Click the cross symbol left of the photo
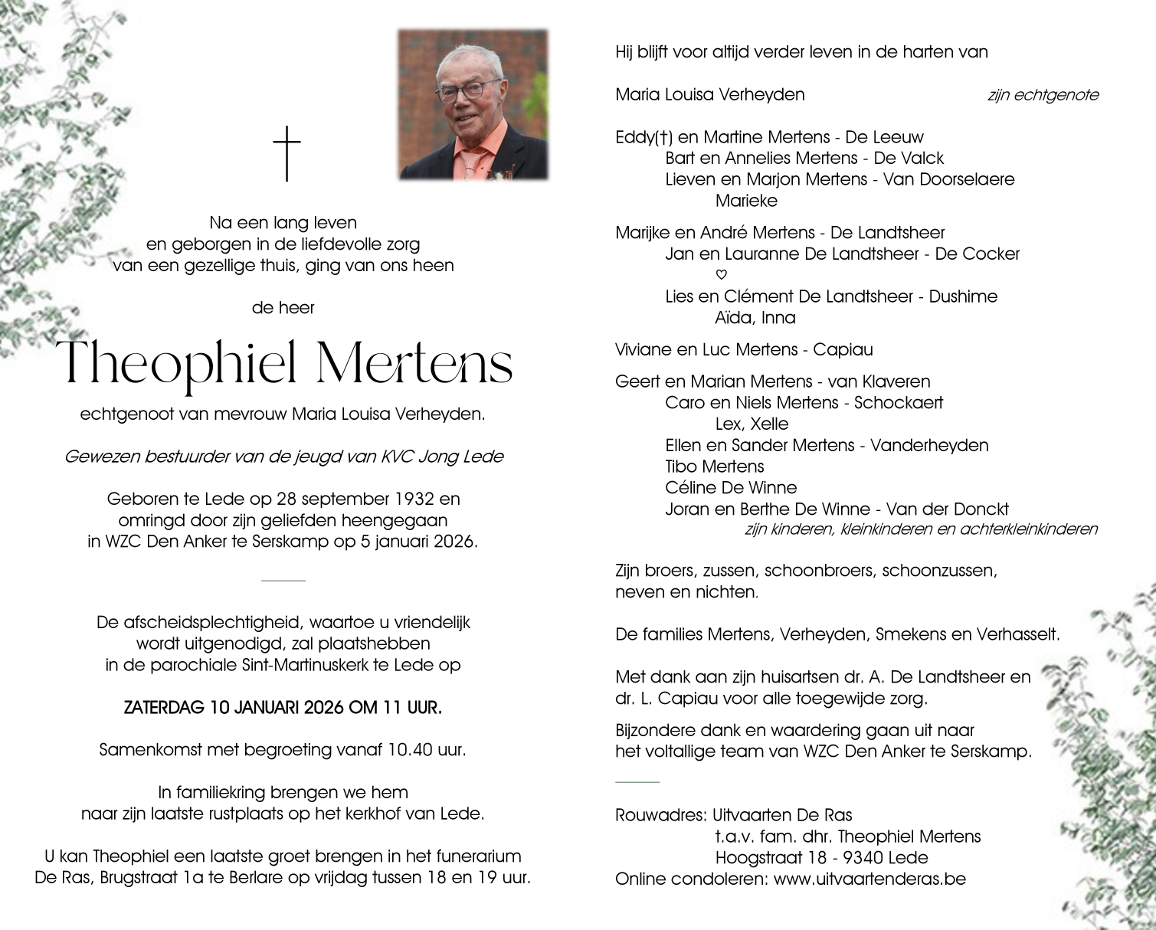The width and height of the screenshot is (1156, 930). point(287,153)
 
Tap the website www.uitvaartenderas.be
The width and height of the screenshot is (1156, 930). point(869,879)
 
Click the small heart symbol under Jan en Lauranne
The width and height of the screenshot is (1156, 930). point(721,275)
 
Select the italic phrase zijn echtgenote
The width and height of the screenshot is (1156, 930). point(1043,95)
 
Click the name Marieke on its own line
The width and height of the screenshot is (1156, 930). point(746,201)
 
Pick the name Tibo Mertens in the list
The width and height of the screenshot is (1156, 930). point(715,467)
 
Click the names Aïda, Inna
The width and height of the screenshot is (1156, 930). point(755,318)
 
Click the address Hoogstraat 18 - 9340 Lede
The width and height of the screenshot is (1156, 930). point(821,858)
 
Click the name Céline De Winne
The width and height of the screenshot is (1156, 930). point(731,488)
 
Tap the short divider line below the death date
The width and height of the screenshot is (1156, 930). point(283,581)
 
